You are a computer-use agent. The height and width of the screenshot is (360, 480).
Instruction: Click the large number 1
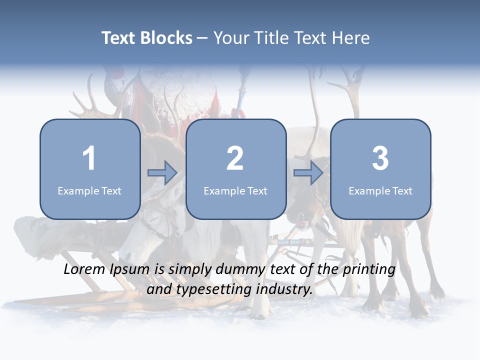coord(89,158)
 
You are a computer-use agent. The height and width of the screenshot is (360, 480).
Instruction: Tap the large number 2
coord(235,158)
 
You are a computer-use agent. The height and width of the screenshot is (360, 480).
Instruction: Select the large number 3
coord(380,158)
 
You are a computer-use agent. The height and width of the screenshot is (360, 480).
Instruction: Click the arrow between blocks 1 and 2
coord(162,173)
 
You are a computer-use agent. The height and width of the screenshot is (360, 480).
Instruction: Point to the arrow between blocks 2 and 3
coord(308,173)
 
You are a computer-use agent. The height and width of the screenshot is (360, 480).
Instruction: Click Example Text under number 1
coord(89,191)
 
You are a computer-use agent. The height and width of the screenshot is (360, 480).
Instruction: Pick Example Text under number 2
coord(235,191)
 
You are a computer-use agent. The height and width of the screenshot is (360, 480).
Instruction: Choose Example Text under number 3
coord(380,191)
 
